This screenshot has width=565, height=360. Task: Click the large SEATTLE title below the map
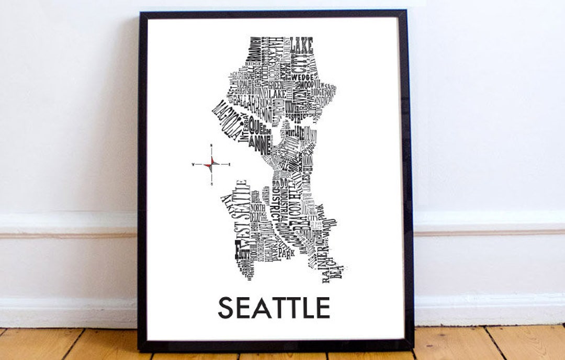(274, 308)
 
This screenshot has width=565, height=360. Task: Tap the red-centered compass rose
(211, 165)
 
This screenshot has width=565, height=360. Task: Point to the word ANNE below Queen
(259, 141)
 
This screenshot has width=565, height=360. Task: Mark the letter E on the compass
(229, 165)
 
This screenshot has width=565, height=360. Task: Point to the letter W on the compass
(193, 165)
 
